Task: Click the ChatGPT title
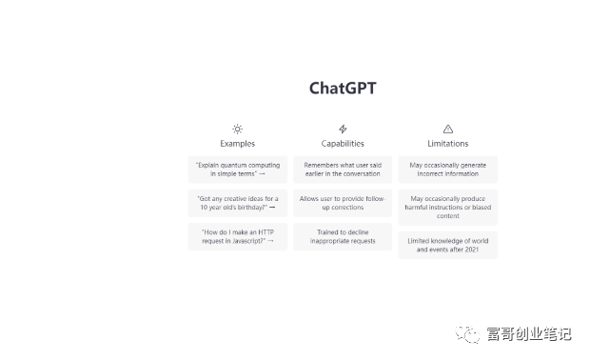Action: [343, 89]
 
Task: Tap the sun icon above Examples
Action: [238, 129]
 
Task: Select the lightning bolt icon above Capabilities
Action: [343, 129]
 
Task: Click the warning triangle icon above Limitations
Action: [447, 129]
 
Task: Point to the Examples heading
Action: [238, 144]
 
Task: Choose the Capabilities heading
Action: [343, 144]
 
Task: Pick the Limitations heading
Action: [447, 144]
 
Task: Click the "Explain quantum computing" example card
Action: [238, 170]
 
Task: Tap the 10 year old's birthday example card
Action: [238, 203]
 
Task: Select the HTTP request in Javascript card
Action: [238, 236]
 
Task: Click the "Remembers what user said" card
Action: [343, 170]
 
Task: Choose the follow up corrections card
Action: [343, 203]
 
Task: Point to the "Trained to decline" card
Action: [343, 236]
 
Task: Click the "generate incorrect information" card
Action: [447, 170]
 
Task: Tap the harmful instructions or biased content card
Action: [447, 208]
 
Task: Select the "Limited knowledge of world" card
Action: [447, 246]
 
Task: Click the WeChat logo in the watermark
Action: [468, 332]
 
